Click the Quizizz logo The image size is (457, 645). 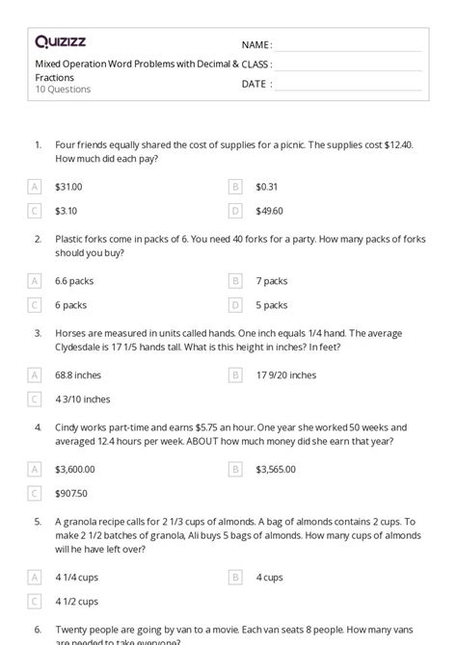pyautogui.click(x=59, y=42)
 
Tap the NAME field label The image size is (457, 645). pyautogui.click(x=256, y=44)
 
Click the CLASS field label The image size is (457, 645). pyautogui.click(x=257, y=64)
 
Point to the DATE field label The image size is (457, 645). pyautogui.click(x=255, y=84)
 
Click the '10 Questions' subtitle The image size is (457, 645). pyautogui.click(x=63, y=90)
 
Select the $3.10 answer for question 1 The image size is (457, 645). pyautogui.click(x=67, y=210)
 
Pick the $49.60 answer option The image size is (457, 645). pyautogui.click(x=270, y=210)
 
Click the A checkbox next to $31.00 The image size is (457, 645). pyautogui.click(x=36, y=186)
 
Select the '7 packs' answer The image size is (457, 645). pyautogui.click(x=272, y=281)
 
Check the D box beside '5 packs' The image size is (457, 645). pyautogui.click(x=235, y=305)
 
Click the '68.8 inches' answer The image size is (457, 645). pyautogui.click(x=78, y=375)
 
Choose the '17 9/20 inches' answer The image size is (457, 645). pyautogui.click(x=286, y=375)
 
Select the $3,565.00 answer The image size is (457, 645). pyautogui.click(x=277, y=470)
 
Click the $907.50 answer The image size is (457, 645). pyautogui.click(x=71, y=494)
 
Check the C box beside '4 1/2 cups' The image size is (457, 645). pyautogui.click(x=36, y=602)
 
